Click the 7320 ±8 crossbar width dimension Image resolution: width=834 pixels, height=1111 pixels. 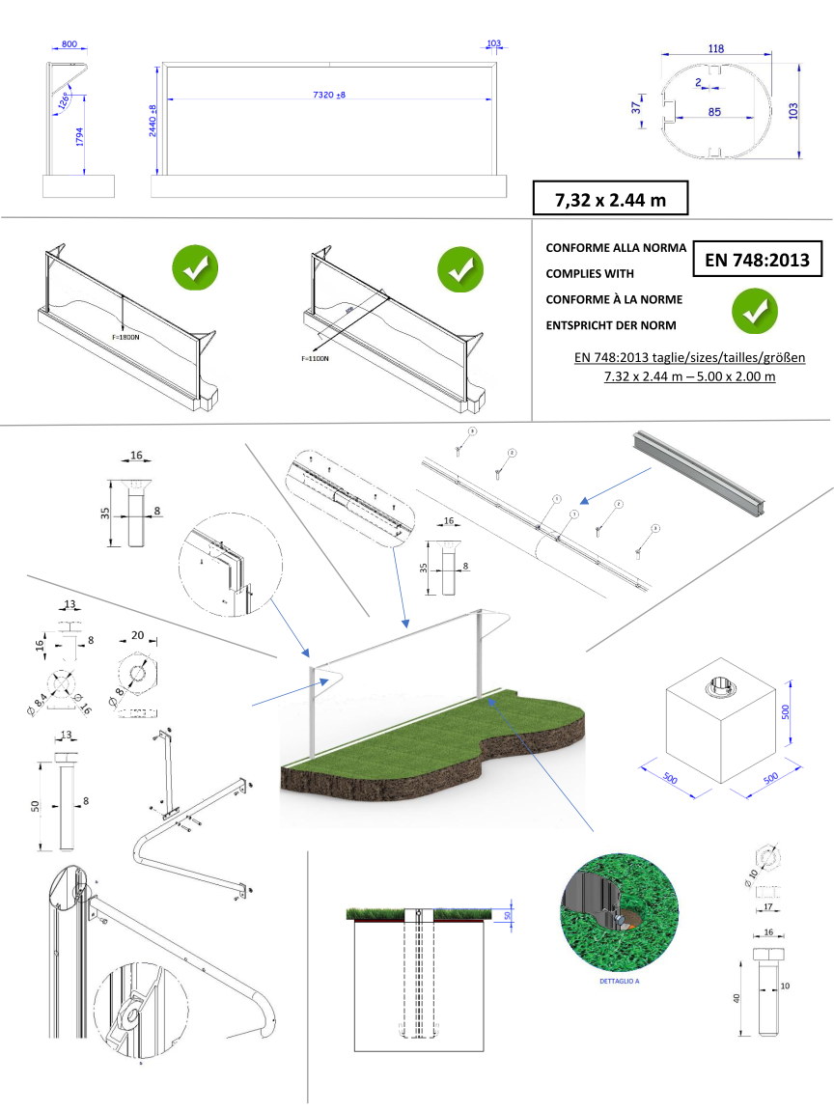pyautogui.click(x=329, y=95)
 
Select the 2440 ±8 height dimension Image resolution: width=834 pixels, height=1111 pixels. pyautogui.click(x=153, y=123)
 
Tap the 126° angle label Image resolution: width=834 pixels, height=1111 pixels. pyautogui.click(x=64, y=99)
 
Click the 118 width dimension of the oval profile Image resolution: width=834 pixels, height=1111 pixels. pyautogui.click(x=715, y=48)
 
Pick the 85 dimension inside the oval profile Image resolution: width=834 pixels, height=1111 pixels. pyautogui.click(x=714, y=112)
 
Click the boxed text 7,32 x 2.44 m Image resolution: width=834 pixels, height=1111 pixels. pyautogui.click(x=609, y=199)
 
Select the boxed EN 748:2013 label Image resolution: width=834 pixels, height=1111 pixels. pyautogui.click(x=758, y=259)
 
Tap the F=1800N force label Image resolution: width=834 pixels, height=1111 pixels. pyautogui.click(x=125, y=339)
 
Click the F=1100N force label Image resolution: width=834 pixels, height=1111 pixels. pyautogui.click(x=315, y=358)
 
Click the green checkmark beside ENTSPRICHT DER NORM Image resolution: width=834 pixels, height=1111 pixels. pyautogui.click(x=754, y=309)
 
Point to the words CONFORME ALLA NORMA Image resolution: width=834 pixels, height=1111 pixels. pyautogui.click(x=615, y=248)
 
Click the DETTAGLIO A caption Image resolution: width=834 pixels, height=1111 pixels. pyautogui.click(x=606, y=982)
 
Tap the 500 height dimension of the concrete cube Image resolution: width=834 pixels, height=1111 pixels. pyautogui.click(x=786, y=711)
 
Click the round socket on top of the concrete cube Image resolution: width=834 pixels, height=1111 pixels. pyautogui.click(x=719, y=688)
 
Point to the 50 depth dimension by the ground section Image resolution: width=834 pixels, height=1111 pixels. pyautogui.click(x=508, y=915)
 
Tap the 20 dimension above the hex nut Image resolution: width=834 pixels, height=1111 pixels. pyautogui.click(x=137, y=635)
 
